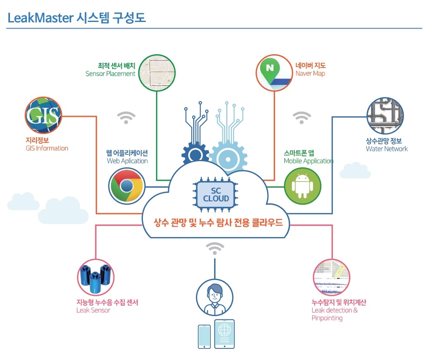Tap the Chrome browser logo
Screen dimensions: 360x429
click(127, 185)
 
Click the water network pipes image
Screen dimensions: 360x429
click(385, 116)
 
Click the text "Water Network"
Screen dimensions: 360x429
click(387, 149)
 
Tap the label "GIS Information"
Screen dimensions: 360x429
click(47, 148)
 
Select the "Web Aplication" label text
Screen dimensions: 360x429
click(127, 161)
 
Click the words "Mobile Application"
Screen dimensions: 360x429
click(308, 161)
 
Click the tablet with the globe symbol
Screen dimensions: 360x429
click(224, 334)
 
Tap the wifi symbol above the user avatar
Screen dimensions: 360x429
click(214, 249)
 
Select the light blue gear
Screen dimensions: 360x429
click(228, 156)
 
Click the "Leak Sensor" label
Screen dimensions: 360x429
click(93, 310)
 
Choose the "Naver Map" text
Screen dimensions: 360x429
click(310, 73)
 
